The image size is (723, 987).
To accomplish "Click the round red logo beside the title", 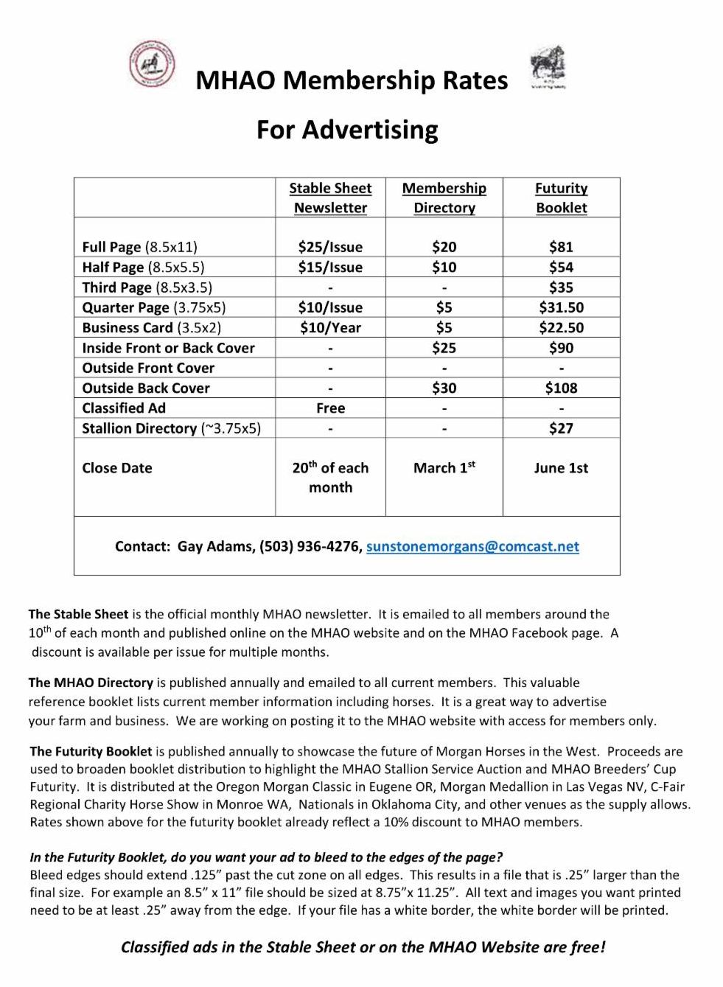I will pyautogui.click(x=152, y=64).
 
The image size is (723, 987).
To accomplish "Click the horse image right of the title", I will pyautogui.click(x=548, y=67).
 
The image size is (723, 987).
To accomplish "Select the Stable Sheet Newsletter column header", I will pyautogui.click(x=330, y=198).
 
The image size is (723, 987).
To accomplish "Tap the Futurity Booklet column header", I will pyautogui.click(x=561, y=198).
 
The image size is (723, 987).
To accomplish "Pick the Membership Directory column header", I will pyautogui.click(x=444, y=198).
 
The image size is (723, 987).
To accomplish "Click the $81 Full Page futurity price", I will pyautogui.click(x=561, y=247).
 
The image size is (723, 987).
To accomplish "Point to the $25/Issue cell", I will pyautogui.click(x=330, y=247).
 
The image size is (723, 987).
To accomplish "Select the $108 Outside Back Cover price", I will pyautogui.click(x=561, y=388).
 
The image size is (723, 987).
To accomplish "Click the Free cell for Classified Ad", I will pyautogui.click(x=330, y=408).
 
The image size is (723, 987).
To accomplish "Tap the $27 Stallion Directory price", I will pyautogui.click(x=561, y=428).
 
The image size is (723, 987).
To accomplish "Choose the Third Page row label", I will pyautogui.click(x=147, y=287).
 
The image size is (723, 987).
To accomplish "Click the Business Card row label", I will pyautogui.click(x=151, y=327).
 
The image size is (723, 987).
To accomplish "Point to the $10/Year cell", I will pyautogui.click(x=330, y=327).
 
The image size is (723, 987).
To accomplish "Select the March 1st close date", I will pyautogui.click(x=444, y=467).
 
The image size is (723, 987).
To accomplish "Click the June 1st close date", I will pyautogui.click(x=561, y=467).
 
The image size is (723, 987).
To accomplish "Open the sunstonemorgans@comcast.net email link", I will pyautogui.click(x=472, y=546).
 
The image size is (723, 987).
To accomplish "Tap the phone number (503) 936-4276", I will pyautogui.click(x=310, y=546).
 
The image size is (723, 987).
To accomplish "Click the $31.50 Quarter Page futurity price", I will pyautogui.click(x=561, y=307).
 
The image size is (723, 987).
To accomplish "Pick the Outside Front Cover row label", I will pyautogui.click(x=148, y=368).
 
